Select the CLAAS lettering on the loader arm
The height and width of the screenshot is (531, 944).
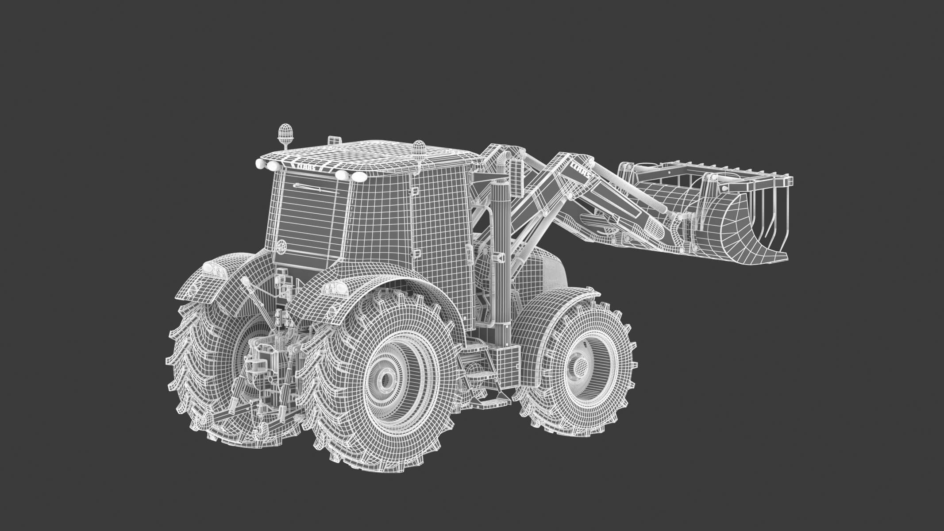coord(580,171)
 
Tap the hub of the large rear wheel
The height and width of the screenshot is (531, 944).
coord(386,378)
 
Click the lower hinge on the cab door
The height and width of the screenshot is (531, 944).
coord(416,254)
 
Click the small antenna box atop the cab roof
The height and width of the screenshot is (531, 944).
coord(334,140)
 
